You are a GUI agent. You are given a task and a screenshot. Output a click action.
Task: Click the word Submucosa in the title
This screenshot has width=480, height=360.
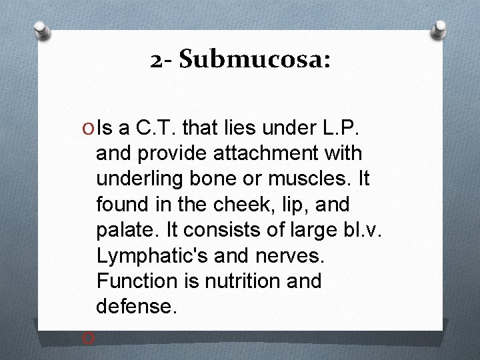click(x=253, y=61)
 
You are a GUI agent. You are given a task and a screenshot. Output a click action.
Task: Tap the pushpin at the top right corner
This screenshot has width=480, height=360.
click(x=441, y=28)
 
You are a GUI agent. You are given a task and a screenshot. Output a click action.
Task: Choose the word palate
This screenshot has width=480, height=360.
click(x=125, y=230)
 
